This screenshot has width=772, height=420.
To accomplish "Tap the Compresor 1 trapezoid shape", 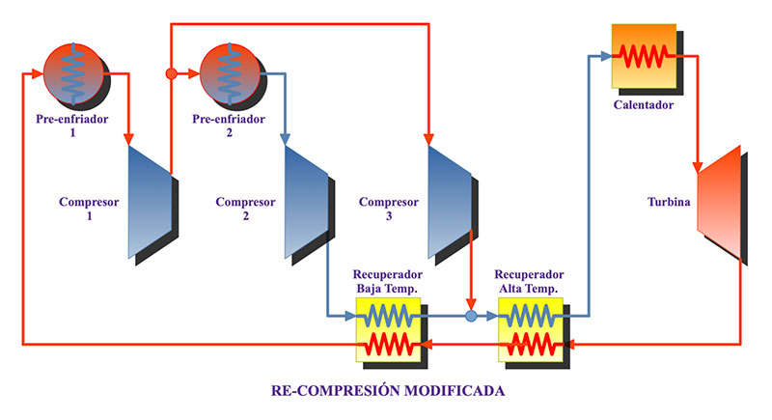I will click(x=151, y=201).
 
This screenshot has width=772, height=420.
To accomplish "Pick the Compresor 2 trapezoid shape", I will click(x=307, y=201).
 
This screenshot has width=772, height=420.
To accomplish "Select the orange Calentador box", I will click(x=643, y=56).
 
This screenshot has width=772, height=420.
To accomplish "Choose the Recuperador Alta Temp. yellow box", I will click(x=532, y=329).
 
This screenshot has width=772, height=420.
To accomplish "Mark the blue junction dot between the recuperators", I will click(x=471, y=316).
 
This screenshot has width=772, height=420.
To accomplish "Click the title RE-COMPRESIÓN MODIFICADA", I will click(x=386, y=392).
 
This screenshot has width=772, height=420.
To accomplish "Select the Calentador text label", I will click(x=644, y=104).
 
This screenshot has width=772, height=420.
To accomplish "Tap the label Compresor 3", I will click(x=389, y=210).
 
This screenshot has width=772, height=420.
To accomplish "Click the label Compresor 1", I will click(x=89, y=210).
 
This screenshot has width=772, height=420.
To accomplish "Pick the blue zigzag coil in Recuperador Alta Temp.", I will click(x=532, y=316).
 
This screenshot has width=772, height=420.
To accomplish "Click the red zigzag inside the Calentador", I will click(x=643, y=56).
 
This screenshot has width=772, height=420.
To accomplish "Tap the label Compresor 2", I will click(x=245, y=210).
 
